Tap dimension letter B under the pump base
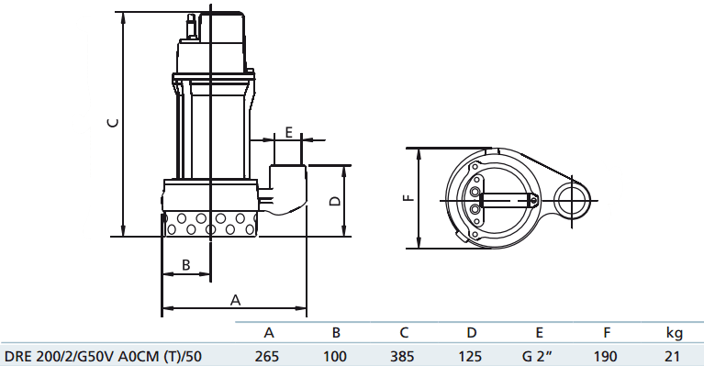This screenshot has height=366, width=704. [x=186, y=264]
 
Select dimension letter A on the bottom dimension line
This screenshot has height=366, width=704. [x=235, y=300]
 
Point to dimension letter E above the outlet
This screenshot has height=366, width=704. [x=289, y=132]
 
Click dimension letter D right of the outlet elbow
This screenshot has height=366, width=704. [x=335, y=201]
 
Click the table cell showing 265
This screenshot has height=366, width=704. [x=267, y=357]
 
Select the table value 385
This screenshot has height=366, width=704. [x=402, y=357]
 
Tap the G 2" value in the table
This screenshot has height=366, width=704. [x=537, y=357]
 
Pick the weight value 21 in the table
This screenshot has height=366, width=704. [x=672, y=357]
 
